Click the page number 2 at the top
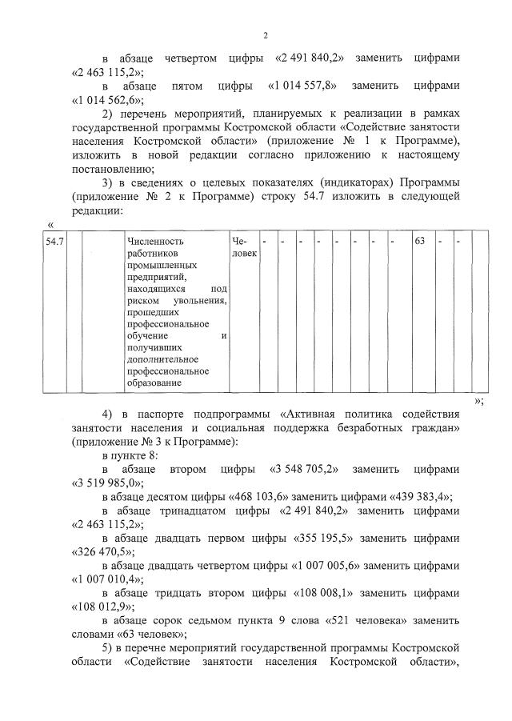[265, 36]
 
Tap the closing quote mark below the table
[478, 400]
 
